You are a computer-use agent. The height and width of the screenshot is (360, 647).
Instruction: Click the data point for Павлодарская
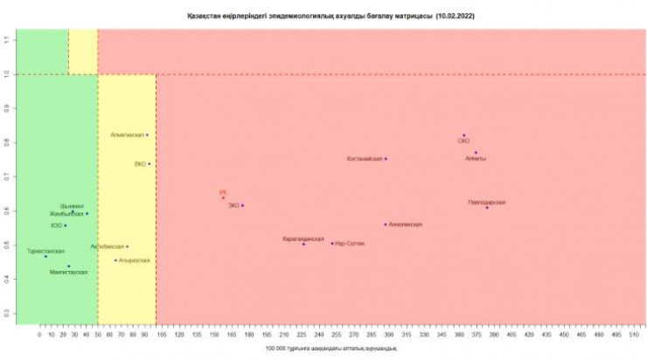(x=487, y=207)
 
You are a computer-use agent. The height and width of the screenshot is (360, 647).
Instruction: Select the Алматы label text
(x=476, y=158)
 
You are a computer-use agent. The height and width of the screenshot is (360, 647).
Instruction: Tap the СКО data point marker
(x=464, y=135)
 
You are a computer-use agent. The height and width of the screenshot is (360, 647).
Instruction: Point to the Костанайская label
(x=365, y=159)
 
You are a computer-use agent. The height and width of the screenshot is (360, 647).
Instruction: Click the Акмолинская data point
(x=385, y=225)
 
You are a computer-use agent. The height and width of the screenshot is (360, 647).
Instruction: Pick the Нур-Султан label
(x=350, y=244)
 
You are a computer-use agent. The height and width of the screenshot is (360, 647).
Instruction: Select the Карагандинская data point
(x=303, y=244)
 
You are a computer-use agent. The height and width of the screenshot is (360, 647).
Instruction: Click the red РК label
(x=223, y=191)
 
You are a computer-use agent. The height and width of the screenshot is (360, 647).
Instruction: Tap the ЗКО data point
(x=242, y=205)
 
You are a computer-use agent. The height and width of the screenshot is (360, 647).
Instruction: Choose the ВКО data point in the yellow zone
(x=149, y=163)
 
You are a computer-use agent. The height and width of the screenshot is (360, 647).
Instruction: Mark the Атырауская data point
(x=115, y=260)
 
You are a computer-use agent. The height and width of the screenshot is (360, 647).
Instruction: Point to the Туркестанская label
(x=46, y=250)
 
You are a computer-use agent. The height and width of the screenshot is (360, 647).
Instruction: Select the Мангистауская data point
(x=68, y=267)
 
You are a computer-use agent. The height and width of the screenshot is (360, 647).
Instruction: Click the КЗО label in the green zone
(x=57, y=225)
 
